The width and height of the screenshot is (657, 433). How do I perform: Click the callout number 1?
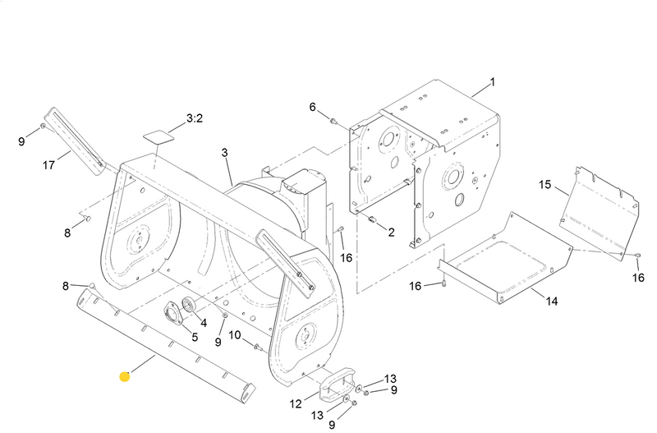(x=493, y=83)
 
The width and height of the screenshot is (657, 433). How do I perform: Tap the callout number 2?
(x=392, y=232)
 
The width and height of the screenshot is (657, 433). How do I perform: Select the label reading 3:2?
(x=195, y=118)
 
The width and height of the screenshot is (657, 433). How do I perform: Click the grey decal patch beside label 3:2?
(x=158, y=133)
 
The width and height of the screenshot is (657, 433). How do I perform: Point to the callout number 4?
(x=203, y=323)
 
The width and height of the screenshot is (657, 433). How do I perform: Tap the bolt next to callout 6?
(x=333, y=122)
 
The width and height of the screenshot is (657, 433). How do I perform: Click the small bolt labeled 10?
(x=257, y=346)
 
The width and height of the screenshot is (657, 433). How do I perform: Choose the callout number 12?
(x=296, y=403)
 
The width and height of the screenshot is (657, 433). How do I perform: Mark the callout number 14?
(x=551, y=302)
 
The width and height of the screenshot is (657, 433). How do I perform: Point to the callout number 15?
(x=544, y=185)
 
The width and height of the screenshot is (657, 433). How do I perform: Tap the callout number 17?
(x=48, y=165)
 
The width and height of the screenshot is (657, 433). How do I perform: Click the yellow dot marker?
(x=124, y=377)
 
